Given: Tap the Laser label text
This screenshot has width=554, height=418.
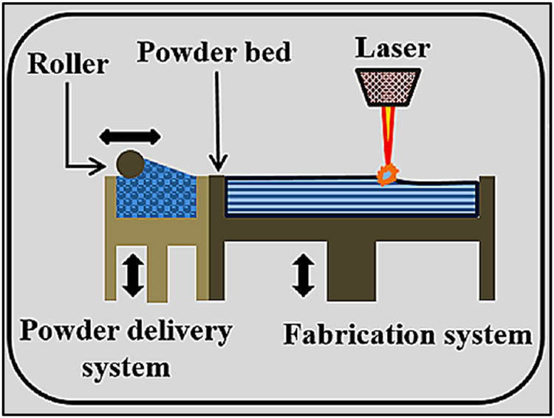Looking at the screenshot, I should pyautogui.click(x=390, y=50).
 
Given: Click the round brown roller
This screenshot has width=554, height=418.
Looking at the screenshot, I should pyautogui.click(x=129, y=162).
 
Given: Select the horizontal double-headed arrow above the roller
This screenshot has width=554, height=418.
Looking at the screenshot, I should pyautogui.click(x=130, y=135).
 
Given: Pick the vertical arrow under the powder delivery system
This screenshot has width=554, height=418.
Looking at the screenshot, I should pyautogui.click(x=131, y=273).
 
